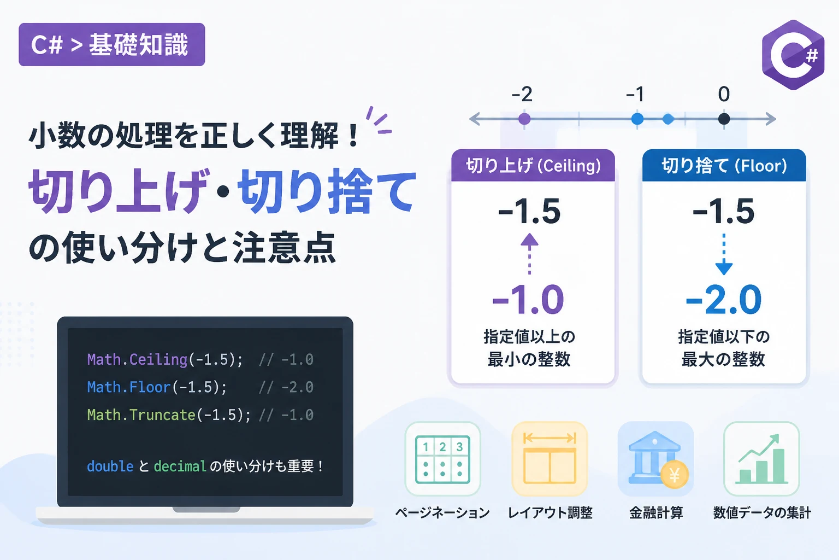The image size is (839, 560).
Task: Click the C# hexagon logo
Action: click(x=793, y=55)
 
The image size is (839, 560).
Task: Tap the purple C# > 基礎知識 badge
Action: click(x=111, y=45)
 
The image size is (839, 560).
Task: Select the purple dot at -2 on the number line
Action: click(x=524, y=119)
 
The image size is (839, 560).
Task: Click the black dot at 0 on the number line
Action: click(x=724, y=119)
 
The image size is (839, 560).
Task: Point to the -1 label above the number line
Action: click(x=635, y=94)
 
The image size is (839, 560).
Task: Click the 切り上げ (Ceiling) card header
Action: click(x=533, y=165)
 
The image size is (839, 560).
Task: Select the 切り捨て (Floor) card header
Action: click(x=724, y=165)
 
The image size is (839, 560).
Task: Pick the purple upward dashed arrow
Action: click(x=529, y=254)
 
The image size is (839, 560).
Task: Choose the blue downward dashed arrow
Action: click(x=724, y=254)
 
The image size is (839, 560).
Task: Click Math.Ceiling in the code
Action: click(x=137, y=359)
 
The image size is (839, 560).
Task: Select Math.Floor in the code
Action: click(x=129, y=387)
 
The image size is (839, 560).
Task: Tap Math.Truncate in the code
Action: click(x=141, y=415)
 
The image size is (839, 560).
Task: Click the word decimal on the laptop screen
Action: click(x=180, y=466)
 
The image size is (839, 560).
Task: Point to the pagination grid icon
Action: click(x=443, y=459)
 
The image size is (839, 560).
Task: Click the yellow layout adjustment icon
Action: click(x=550, y=459)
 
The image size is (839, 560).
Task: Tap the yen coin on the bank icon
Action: click(x=674, y=475)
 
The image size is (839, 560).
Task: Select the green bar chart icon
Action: click(x=761, y=459)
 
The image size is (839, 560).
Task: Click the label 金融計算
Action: click(x=656, y=513)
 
